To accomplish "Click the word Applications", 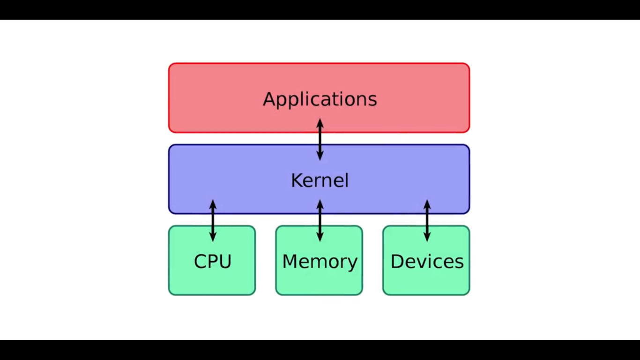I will pyautogui.click(x=320, y=99).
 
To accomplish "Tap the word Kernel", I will pyautogui.click(x=320, y=180).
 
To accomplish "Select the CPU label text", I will pyautogui.click(x=212, y=261).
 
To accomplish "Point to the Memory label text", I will pyautogui.click(x=320, y=262).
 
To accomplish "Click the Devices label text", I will pyautogui.click(x=427, y=261).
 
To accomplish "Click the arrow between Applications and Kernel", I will pyautogui.click(x=320, y=140).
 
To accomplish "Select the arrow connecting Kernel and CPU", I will pyautogui.click(x=213, y=220).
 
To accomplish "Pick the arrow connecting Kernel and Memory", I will pyautogui.click(x=320, y=220).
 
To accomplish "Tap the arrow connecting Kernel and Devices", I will pyautogui.click(x=427, y=220).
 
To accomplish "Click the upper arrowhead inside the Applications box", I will pyautogui.click(x=320, y=123).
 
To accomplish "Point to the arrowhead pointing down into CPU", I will pyautogui.click(x=213, y=237).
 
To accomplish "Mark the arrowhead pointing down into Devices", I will pyautogui.click(x=427, y=237).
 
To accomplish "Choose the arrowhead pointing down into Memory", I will pyautogui.click(x=320, y=237).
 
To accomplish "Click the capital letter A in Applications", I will pyautogui.click(x=269, y=99).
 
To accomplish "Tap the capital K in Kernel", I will pyautogui.click(x=296, y=180).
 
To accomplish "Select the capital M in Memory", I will pyautogui.click(x=290, y=261).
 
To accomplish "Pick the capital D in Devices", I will pyautogui.click(x=397, y=261).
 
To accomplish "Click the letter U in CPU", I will pyautogui.click(x=225, y=261).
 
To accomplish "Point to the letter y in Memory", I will pyautogui.click(x=352, y=263).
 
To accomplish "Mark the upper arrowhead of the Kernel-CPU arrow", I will pyautogui.click(x=213, y=204).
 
